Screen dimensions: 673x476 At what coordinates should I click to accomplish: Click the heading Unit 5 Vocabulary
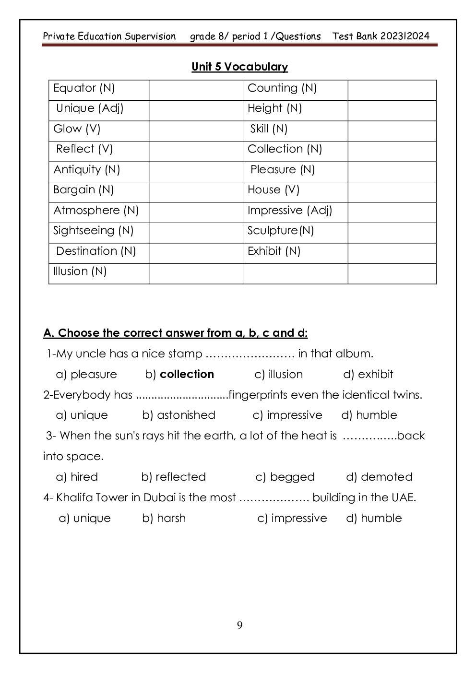pyautogui.click(x=239, y=67)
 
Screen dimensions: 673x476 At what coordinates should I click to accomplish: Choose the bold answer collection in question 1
pyautogui.click(x=187, y=374)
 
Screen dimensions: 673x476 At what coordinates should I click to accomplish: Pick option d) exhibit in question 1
pyautogui.click(x=368, y=374)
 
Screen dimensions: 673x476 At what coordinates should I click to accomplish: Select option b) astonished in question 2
pyautogui.click(x=178, y=415)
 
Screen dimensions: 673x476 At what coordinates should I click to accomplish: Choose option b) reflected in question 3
pyautogui.click(x=173, y=477)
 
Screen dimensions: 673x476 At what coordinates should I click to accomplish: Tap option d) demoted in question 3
pyautogui.click(x=379, y=477)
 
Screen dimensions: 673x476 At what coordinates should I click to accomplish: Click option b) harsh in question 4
pyautogui.click(x=164, y=518)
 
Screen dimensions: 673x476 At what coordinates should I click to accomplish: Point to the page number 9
pyautogui.click(x=239, y=625)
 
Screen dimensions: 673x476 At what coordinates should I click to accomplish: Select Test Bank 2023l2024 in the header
pyautogui.click(x=381, y=36)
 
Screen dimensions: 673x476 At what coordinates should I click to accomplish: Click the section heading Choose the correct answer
pyautogui.click(x=176, y=333)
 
